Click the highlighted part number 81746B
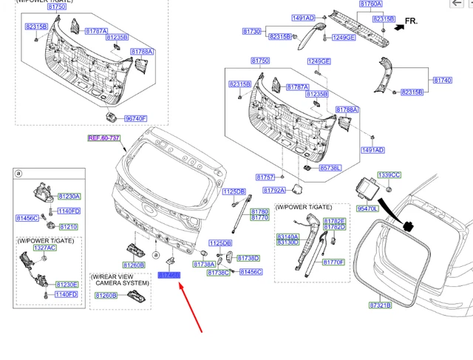point(169,274)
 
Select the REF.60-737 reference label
point(103,137)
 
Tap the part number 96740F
point(135,118)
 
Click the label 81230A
point(69,197)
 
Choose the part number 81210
point(68,227)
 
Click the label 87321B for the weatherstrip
point(380,305)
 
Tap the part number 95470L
point(367,209)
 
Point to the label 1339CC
point(389,174)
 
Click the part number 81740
point(442,80)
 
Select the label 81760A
point(371,4)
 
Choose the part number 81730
point(252,32)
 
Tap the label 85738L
point(330,169)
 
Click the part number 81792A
point(276,190)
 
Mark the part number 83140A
point(287,237)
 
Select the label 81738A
point(204,264)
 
